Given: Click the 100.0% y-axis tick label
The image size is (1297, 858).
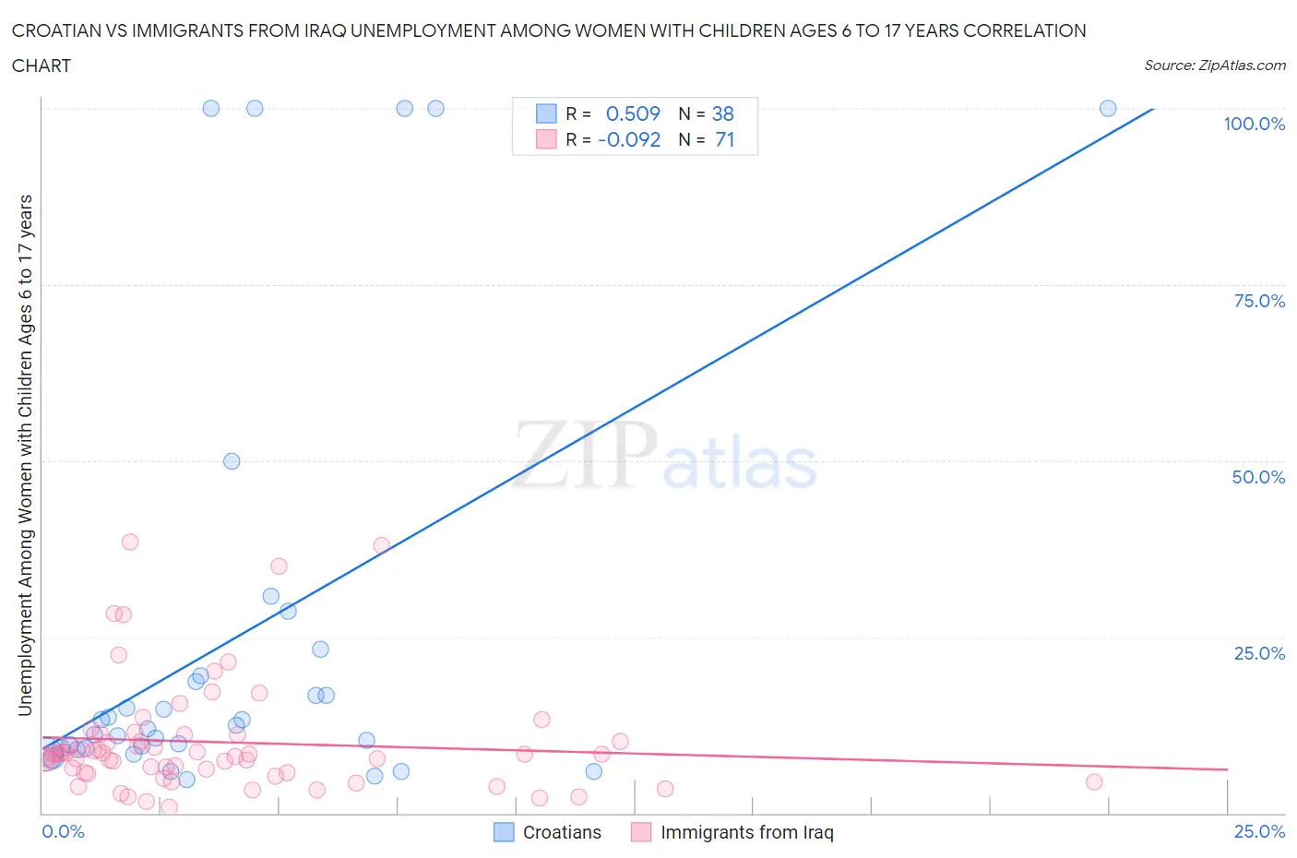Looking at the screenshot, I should [1254, 125].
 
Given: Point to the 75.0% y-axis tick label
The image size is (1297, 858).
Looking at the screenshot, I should [1259, 301].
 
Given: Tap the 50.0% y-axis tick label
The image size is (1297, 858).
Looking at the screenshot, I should [1258, 477].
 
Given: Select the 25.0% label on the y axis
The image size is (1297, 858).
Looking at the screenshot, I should [1259, 653].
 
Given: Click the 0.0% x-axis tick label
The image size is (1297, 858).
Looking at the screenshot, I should [63, 831].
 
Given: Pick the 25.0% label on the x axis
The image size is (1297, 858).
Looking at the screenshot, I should [1259, 831].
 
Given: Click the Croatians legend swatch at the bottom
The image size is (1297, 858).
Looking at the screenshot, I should [504, 832].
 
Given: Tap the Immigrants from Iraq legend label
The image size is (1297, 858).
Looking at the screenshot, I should [746, 832].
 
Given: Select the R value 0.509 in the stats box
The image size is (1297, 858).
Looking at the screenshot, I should [633, 113].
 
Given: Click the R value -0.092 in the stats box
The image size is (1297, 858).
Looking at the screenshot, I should [629, 139].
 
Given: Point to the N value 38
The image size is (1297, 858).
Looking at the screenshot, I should [723, 113].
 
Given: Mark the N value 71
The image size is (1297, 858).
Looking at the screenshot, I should [724, 139].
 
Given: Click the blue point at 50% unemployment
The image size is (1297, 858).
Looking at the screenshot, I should [232, 461].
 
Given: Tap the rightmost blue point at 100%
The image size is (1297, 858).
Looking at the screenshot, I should [1108, 108].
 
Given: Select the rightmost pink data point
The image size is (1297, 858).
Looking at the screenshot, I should [1094, 781].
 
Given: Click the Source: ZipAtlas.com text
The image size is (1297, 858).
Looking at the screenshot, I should [1214, 65].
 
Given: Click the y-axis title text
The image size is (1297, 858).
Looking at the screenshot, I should [25, 455].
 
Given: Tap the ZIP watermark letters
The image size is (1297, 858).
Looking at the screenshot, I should [585, 454].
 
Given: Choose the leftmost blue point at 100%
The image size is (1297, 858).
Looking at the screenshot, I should [211, 108].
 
